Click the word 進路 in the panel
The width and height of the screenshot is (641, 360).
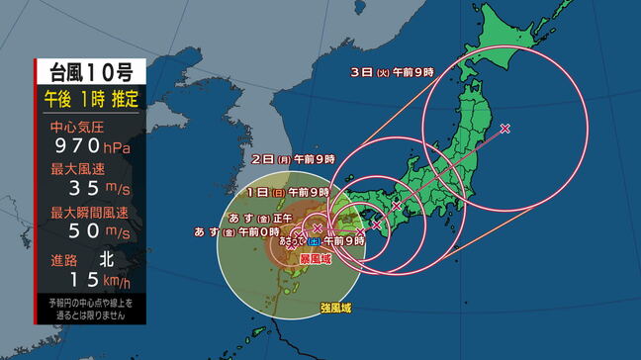65,258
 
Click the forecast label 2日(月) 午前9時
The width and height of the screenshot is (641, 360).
294,158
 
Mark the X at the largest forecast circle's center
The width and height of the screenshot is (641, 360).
505,129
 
